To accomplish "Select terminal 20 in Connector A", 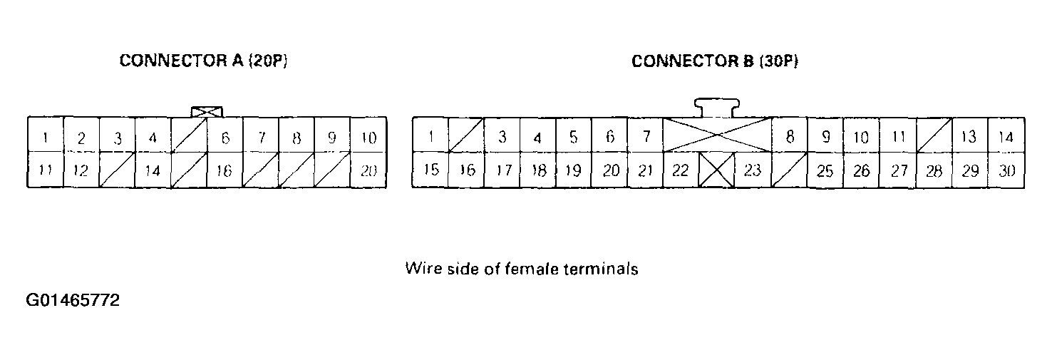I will coord(368,170).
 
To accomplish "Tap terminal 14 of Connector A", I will coord(153,170).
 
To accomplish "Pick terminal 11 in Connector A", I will coord(45,170).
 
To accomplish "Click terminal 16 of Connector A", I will coord(225,170).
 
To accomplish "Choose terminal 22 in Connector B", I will coord(681,170).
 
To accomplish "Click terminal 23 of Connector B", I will coord(753,170).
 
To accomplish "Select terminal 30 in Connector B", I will coord(1006,170).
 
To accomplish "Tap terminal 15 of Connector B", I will coord(430,170).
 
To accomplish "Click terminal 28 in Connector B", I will coord(934,170).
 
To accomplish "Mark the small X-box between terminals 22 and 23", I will coord(716,170).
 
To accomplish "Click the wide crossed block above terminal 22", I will coord(717,135).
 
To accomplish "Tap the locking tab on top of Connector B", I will coord(717,108).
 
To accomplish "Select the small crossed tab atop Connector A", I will coord(207,112).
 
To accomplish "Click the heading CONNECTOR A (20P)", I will coord(203,61).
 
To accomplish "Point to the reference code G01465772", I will coord(72,300).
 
